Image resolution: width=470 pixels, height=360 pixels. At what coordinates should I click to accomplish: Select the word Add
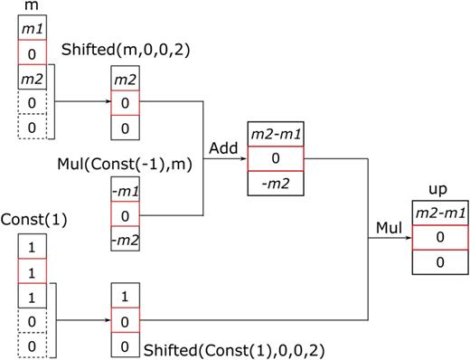(x=222, y=146)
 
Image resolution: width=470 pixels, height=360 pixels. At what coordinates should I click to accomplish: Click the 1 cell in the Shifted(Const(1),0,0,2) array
(x=123, y=296)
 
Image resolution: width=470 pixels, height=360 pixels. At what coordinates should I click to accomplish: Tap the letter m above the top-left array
(x=30, y=7)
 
